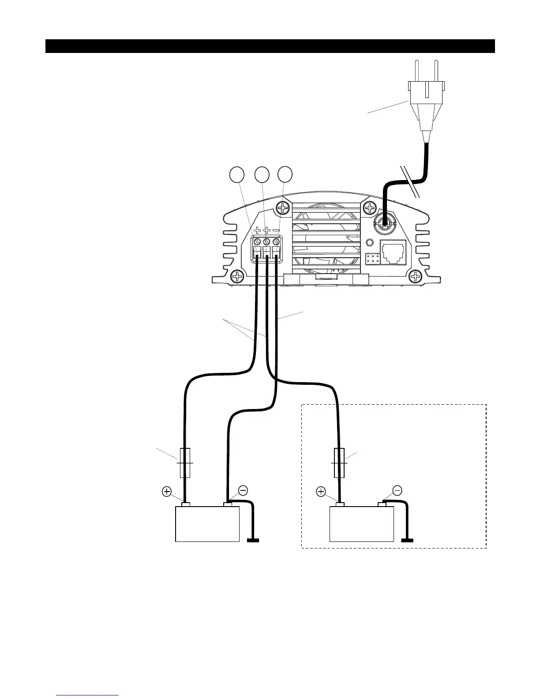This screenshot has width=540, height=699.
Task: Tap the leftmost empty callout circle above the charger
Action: click(x=238, y=174)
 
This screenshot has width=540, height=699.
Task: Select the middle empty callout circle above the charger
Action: click(x=262, y=174)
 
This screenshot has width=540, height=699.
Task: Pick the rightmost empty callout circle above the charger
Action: click(x=285, y=174)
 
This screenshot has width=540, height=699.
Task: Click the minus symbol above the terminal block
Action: click(x=276, y=230)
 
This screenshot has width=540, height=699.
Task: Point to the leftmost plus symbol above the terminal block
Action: click(x=257, y=230)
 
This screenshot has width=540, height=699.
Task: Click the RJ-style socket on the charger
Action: click(x=392, y=253)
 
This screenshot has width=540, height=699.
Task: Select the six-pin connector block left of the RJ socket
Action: click(x=372, y=259)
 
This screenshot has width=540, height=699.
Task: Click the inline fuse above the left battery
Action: click(x=185, y=463)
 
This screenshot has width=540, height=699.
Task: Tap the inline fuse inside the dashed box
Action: click(x=339, y=463)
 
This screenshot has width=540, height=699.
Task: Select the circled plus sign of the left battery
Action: click(x=167, y=491)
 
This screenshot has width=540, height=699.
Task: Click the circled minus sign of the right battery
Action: click(x=397, y=490)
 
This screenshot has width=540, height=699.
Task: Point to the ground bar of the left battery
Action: click(x=253, y=539)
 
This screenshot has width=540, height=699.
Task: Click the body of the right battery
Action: click(x=362, y=524)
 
